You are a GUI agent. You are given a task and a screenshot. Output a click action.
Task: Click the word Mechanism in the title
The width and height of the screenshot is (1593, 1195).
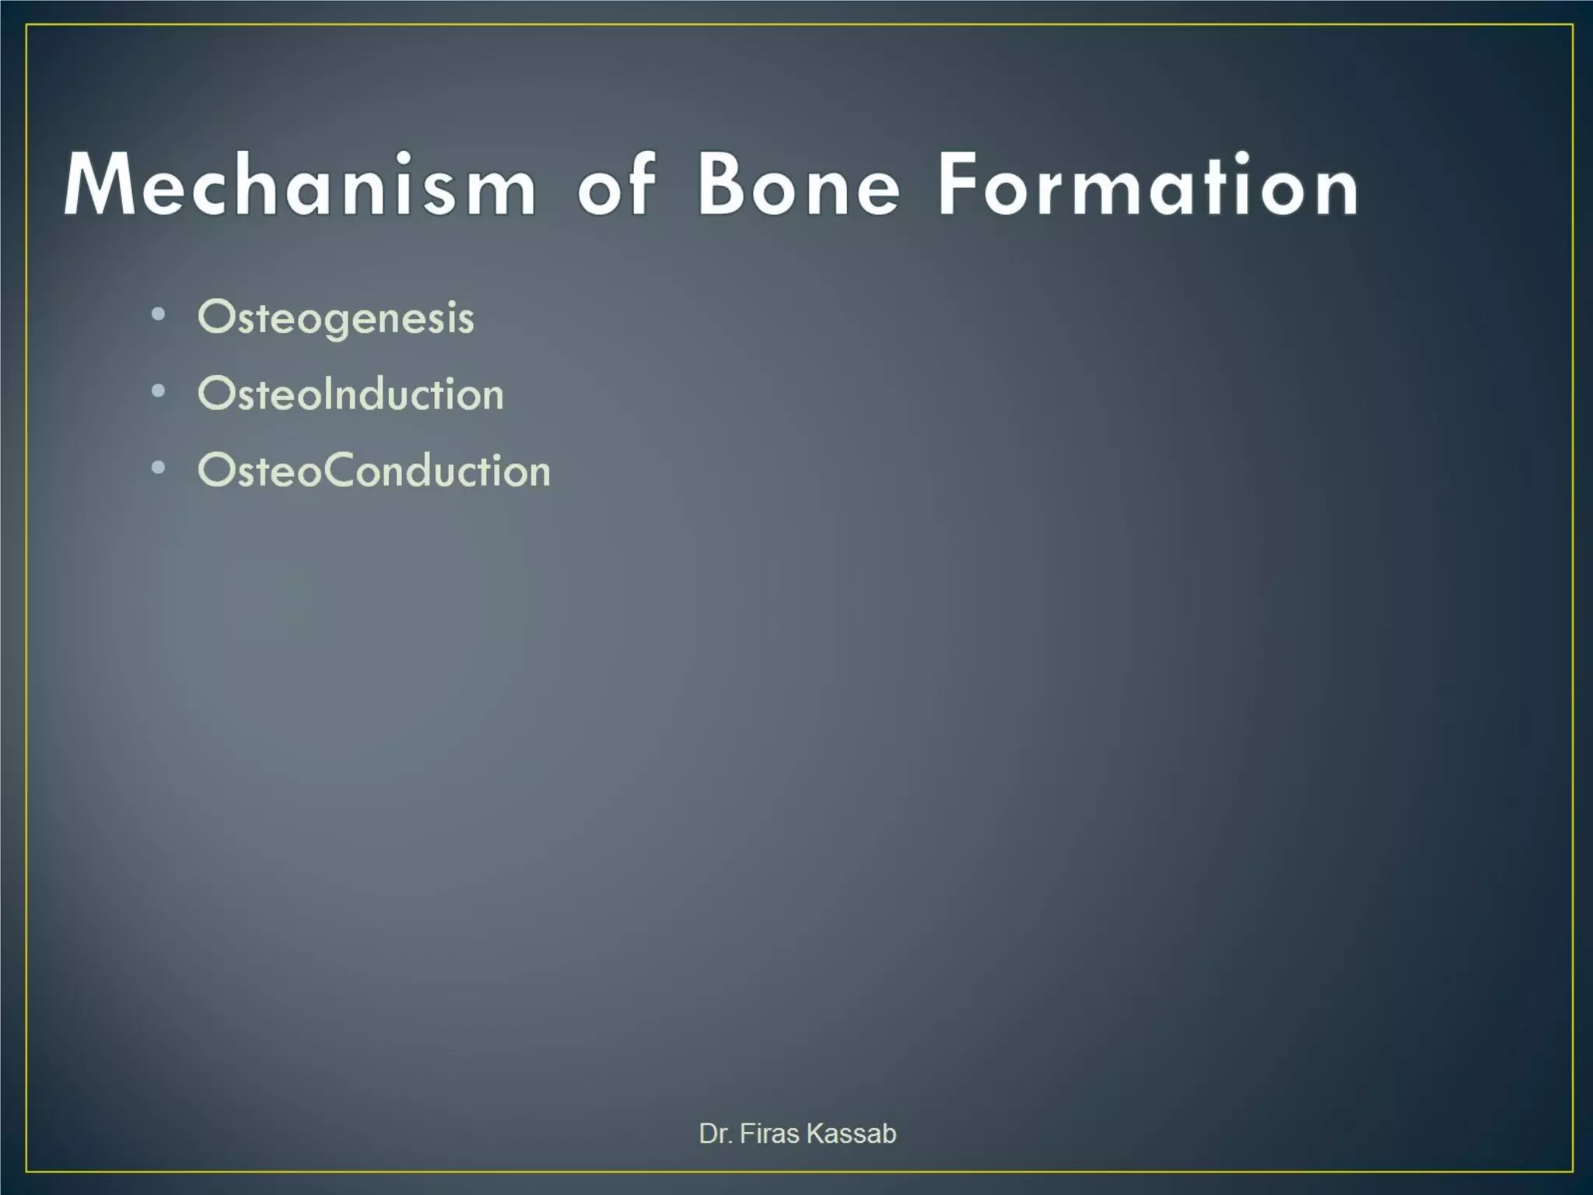300,185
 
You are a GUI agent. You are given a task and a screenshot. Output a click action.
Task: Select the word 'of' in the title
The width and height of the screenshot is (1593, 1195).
616,185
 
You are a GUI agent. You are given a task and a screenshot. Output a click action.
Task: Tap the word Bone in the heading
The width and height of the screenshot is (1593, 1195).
799,185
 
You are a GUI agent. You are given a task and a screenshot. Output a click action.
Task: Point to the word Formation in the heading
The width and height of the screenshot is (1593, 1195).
1148,185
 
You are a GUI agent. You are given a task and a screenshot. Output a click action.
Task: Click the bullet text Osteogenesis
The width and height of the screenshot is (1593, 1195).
336,318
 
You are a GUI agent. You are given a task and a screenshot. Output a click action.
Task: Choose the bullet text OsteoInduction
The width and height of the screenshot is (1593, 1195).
351,394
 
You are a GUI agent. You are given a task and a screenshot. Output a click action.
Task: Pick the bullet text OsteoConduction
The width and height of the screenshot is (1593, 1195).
374,471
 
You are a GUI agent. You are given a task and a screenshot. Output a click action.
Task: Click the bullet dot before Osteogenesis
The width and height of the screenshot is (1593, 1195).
159,315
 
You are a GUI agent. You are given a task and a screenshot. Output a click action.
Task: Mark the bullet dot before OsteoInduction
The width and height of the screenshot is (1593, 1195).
159,391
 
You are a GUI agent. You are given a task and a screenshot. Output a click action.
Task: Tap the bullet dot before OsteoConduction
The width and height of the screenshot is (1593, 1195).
159,468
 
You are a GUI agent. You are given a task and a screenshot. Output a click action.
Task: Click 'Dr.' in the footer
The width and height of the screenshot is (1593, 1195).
715,1134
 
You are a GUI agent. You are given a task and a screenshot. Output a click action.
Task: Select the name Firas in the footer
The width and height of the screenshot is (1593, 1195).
769,1134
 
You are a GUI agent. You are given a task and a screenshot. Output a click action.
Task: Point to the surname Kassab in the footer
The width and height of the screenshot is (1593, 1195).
852,1134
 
